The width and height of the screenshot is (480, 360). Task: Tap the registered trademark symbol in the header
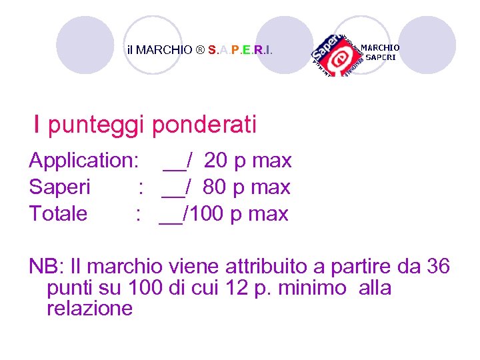coord(200,50)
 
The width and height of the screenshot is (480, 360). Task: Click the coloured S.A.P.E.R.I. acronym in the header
coord(240,50)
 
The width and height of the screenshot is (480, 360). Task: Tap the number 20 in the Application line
coord(215,161)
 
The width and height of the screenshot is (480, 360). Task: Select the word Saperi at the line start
coord(59,187)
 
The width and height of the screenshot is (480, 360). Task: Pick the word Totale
coord(58,214)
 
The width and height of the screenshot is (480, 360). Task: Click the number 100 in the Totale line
coord(207,214)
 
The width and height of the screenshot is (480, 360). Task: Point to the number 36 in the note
coord(437,267)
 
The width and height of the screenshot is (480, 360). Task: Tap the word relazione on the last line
coord(90,309)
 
